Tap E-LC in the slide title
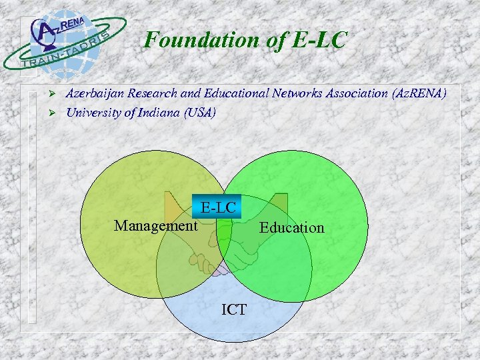pyautogui.click(x=319, y=41)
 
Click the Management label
pyautogui.click(x=155, y=226)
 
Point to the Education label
pyautogui.click(x=291, y=228)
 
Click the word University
pyautogui.click(x=94, y=113)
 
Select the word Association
pyautogui.click(x=355, y=94)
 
